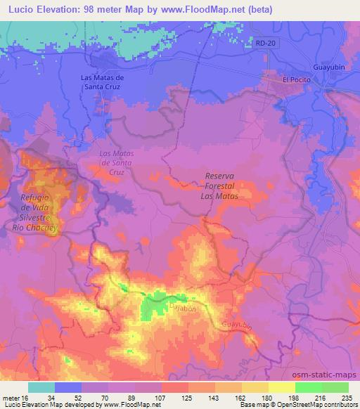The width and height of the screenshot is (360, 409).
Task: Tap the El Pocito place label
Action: pos(296,79)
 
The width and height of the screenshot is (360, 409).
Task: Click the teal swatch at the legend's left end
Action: pos(41,387)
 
